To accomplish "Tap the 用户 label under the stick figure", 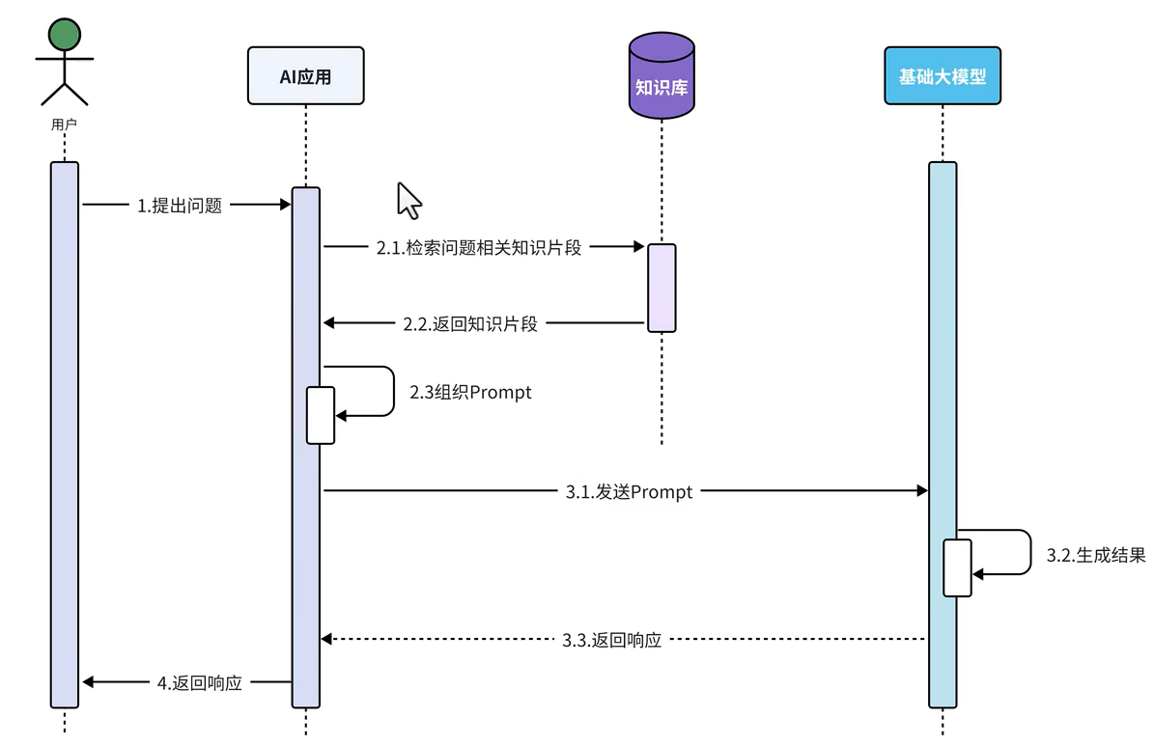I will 64,124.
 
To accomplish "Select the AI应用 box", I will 305,75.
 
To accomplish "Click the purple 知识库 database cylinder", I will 661,77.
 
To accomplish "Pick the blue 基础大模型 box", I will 943,75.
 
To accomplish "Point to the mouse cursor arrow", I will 408,200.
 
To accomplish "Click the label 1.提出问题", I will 180,205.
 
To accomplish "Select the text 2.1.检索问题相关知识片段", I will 479,247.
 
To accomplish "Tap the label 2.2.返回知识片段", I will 470,323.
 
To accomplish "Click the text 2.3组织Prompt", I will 470,393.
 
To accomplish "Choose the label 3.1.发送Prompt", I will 629,492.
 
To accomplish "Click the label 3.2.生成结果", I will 1096,555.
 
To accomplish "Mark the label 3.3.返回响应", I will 612,639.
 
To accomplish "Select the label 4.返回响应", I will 199,682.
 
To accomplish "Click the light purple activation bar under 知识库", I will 661,288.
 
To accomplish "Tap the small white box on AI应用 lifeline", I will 321,415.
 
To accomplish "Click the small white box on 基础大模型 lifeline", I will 957,567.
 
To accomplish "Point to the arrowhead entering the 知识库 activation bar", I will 638,247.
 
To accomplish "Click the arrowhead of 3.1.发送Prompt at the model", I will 921,491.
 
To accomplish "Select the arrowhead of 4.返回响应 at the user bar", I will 88,682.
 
